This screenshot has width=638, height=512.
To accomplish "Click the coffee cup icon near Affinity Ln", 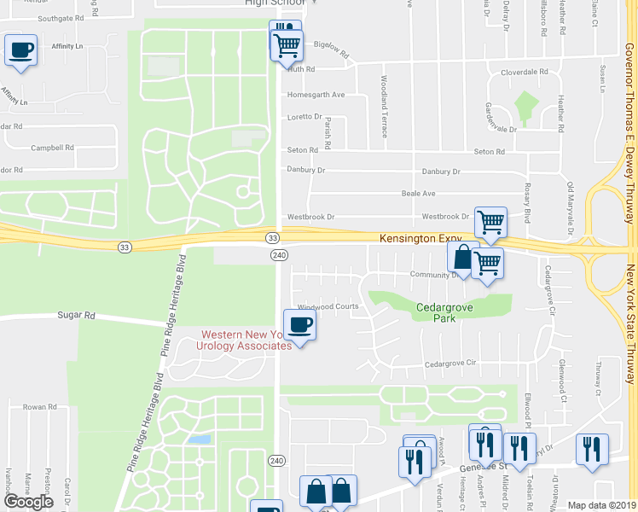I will [20, 50].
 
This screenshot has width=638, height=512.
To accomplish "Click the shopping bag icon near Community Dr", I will [462, 257].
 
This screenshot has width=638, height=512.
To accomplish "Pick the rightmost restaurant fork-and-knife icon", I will [592, 448].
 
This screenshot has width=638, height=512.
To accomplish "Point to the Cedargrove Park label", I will [444, 312].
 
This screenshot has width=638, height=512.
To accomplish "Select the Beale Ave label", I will [418, 194].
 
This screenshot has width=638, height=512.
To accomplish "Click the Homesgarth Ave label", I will [316, 95].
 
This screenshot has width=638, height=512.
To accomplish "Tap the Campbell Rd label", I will [48, 148].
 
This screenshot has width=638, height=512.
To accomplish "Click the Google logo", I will [28, 502].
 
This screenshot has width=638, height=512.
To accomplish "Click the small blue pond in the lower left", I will [200, 439].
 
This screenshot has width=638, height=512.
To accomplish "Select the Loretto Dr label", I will [304, 117].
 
